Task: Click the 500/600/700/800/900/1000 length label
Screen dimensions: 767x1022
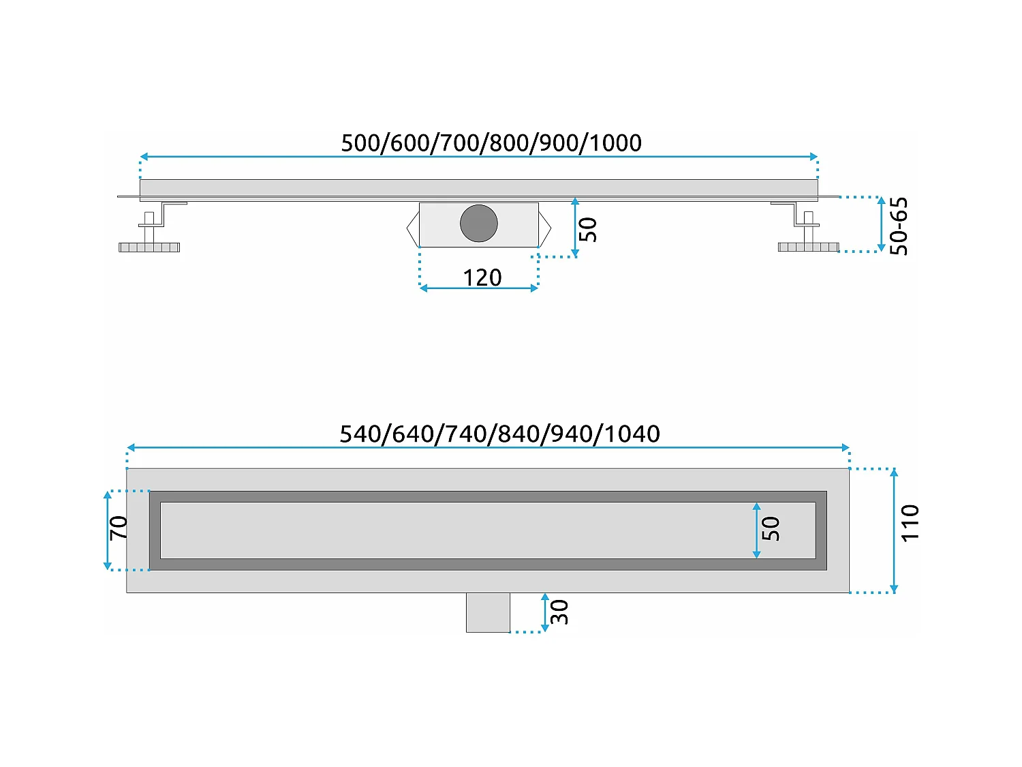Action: (491, 143)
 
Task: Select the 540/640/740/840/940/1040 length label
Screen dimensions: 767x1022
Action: (499, 434)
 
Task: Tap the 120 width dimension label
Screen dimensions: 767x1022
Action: (482, 277)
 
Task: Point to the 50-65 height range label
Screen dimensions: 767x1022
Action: (899, 226)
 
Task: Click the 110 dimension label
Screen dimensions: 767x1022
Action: (910, 523)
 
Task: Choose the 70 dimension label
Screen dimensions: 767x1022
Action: (119, 528)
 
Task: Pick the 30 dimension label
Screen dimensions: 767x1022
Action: (559, 612)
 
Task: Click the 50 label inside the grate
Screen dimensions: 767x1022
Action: (770, 528)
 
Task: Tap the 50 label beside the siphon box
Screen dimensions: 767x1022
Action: (587, 229)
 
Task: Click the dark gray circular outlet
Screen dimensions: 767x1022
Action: (479, 223)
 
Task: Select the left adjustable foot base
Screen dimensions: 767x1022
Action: (149, 247)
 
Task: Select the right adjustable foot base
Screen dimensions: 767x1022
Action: (809, 247)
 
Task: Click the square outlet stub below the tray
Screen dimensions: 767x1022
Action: (488, 612)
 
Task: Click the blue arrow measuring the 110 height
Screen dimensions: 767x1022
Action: (894, 530)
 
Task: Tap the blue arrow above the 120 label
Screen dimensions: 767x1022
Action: (479, 288)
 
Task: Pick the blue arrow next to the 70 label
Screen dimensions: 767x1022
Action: (107, 530)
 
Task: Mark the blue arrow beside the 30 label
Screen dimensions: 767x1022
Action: (544, 612)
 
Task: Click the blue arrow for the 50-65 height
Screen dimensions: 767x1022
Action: (881, 224)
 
